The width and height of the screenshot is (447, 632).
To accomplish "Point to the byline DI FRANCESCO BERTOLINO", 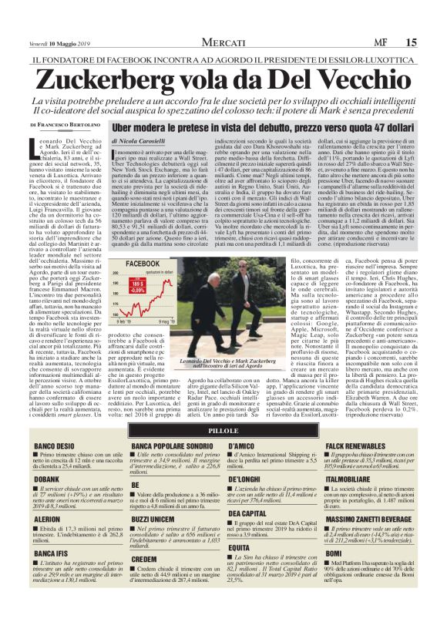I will tap(65, 124).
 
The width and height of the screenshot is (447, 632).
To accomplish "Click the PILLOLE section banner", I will tap(223, 430).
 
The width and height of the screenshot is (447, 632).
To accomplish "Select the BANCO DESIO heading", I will tap(55, 446).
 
